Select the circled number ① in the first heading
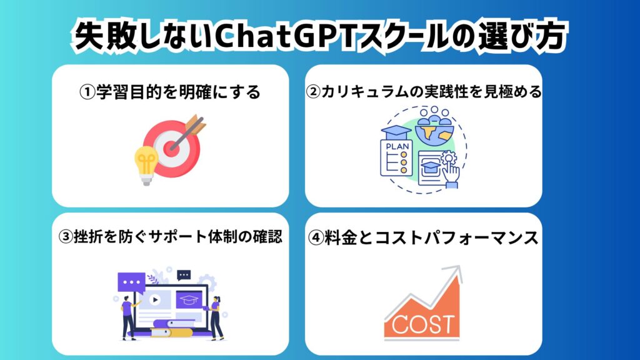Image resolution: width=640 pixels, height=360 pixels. [87, 92]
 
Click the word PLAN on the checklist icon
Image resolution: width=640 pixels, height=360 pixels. [397, 146]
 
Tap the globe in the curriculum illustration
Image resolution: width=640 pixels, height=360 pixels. [435, 131]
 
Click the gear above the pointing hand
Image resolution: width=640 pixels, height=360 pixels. [449, 157]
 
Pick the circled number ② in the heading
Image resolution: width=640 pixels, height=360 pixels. [313, 92]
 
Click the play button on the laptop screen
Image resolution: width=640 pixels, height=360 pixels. [155, 300]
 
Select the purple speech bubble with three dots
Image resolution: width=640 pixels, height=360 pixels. [131, 282]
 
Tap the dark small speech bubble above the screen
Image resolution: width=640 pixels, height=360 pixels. [184, 276]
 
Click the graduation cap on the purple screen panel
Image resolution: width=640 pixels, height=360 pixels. [189, 300]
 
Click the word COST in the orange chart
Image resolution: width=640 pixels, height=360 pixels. [422, 324]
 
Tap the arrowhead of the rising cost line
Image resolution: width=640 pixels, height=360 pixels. [456, 273]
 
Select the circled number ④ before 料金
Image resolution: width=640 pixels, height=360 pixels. [316, 238]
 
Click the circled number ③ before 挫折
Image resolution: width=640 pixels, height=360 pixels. [65, 237]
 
